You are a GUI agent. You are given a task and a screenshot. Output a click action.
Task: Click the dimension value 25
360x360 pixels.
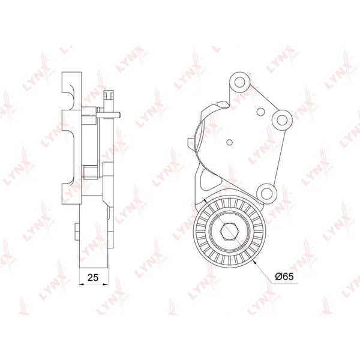[x=93, y=277]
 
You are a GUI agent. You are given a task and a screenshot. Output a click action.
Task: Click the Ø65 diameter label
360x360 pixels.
[x=284, y=277]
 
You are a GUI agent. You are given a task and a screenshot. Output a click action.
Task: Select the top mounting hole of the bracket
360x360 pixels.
[x=239, y=82]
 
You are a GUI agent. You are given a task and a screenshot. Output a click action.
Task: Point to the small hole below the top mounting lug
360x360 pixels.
[x=260, y=112]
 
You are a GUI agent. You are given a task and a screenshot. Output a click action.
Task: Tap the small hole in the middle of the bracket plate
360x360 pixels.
[x=229, y=142]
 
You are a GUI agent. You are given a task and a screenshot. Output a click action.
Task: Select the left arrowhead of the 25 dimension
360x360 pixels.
[x=81, y=284]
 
